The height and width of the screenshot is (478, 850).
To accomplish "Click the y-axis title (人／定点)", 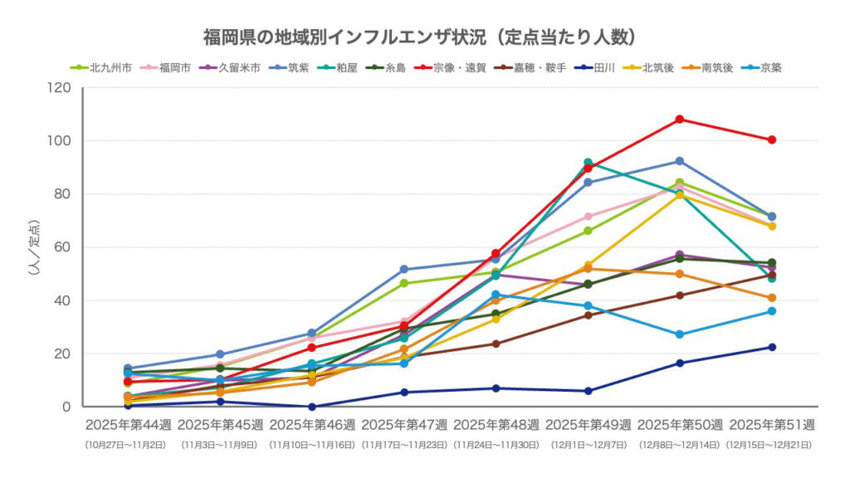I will pos(34,247).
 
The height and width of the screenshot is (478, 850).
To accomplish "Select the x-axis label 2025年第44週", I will pos(128,425).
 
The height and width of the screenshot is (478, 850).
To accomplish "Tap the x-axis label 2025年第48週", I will pos(496,425).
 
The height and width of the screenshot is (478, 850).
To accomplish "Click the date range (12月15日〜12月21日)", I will pos(771,445).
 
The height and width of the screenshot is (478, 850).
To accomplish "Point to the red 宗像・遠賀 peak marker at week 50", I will pos(680,119).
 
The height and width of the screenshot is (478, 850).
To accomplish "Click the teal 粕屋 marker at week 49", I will pos(588,163).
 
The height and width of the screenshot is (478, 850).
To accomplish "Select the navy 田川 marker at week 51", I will pos(771,347).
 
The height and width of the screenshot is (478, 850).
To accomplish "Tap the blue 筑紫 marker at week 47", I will pos(404,270).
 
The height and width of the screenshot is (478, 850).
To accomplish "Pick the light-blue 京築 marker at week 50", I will pos(680,334).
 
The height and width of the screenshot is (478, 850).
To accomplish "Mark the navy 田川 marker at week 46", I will pos(312,407).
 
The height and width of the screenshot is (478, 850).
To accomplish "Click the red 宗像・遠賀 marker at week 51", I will pos(771,139).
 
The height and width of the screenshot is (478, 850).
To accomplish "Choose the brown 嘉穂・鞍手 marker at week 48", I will pos(496,344).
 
